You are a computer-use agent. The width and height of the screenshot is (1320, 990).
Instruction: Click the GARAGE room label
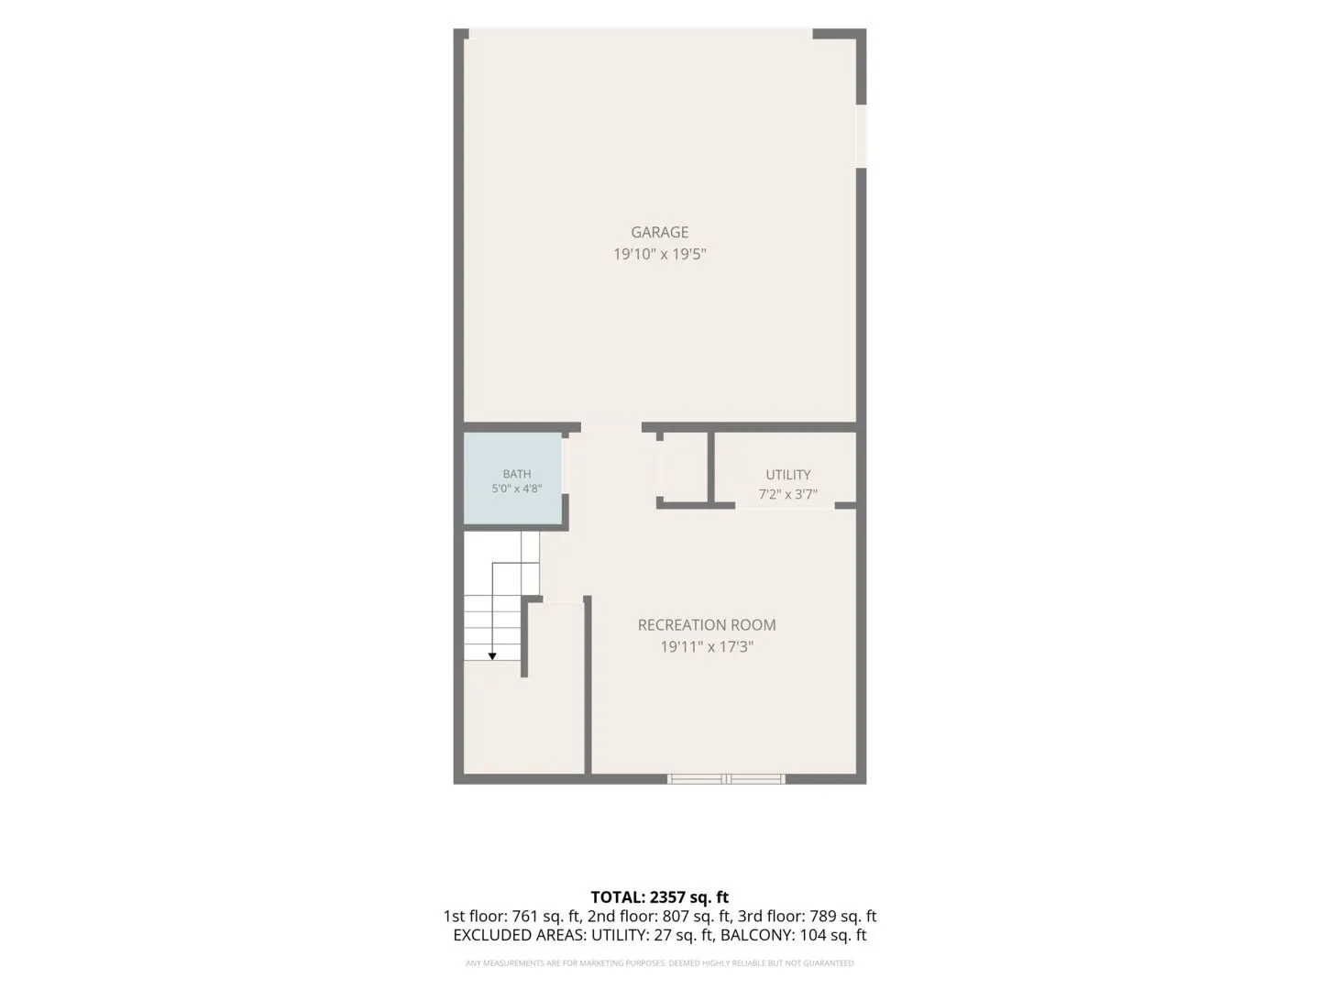click(x=659, y=232)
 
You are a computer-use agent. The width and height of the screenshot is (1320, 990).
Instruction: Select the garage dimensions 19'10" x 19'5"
click(x=659, y=254)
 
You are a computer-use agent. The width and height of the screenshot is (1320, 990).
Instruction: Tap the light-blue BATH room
click(x=512, y=478)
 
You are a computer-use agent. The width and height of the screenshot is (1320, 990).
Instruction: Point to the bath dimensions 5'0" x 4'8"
click(x=517, y=489)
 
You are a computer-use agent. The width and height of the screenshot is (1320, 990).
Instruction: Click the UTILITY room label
click(x=787, y=475)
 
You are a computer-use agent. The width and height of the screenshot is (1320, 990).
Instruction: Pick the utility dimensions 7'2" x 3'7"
click(x=787, y=495)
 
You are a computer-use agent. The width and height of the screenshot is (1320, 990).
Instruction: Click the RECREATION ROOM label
click(x=707, y=625)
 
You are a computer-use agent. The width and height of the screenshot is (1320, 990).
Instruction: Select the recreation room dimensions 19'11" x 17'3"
click(x=707, y=647)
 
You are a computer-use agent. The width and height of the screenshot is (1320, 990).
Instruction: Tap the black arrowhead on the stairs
click(x=492, y=656)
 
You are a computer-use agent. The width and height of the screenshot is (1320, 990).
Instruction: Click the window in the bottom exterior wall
click(x=726, y=779)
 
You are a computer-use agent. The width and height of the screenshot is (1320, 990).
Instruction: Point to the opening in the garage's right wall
click(x=861, y=137)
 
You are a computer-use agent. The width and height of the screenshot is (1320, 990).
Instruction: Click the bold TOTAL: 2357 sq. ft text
click(x=659, y=897)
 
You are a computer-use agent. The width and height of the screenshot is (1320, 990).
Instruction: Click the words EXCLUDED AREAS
click(x=520, y=935)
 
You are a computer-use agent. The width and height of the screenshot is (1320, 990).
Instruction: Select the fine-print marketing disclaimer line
click(x=659, y=962)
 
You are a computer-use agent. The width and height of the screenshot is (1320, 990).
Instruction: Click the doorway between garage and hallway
click(x=611, y=427)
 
